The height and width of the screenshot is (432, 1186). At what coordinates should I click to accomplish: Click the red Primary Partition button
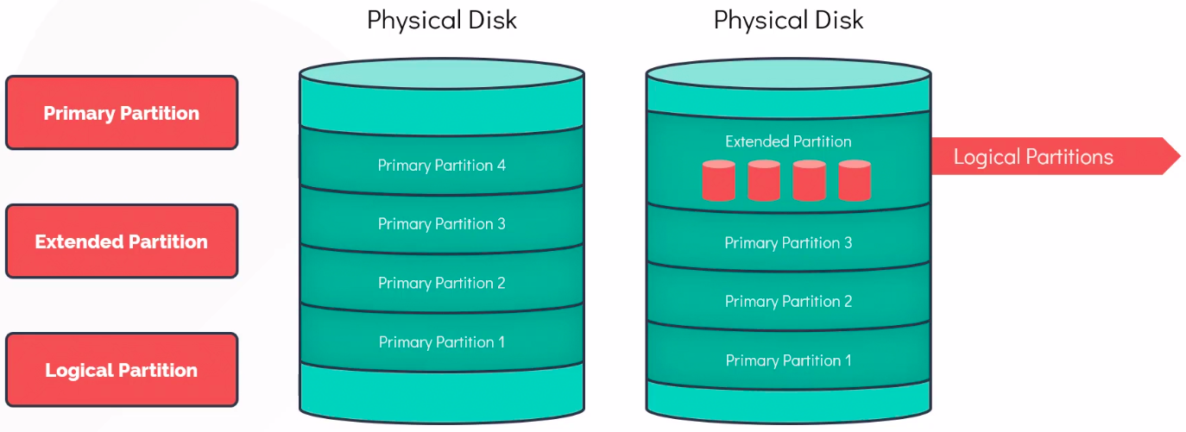[121, 113]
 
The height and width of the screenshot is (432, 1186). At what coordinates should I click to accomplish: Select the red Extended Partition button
[121, 241]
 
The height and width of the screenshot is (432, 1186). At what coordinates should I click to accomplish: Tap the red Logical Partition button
[121, 370]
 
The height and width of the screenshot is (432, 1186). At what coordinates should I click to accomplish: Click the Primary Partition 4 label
[442, 165]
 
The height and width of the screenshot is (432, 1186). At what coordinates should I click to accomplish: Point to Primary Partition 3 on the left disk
[442, 223]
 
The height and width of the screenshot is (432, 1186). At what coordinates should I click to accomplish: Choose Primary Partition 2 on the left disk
[442, 283]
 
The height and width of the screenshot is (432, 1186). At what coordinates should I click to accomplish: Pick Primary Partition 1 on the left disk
[442, 342]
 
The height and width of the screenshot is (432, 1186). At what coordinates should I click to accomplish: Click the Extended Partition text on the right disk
[788, 141]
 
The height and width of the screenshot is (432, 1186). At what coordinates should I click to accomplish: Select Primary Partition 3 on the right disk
[788, 242]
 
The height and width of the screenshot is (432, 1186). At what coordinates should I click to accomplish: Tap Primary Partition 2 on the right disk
[788, 301]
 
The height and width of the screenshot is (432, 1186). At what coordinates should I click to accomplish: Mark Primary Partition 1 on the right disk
[788, 360]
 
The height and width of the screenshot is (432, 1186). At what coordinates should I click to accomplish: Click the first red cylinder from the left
[718, 180]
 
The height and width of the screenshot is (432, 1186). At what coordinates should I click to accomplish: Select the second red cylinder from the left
[764, 180]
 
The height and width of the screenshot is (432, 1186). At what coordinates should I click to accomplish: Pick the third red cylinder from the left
[809, 180]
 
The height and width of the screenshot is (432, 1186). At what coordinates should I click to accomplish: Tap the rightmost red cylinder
[855, 180]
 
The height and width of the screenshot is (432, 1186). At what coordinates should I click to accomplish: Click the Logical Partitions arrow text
[1033, 157]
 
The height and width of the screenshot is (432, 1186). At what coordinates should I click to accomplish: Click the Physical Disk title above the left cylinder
[442, 20]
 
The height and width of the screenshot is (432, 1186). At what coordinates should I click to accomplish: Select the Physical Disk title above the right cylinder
[788, 20]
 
